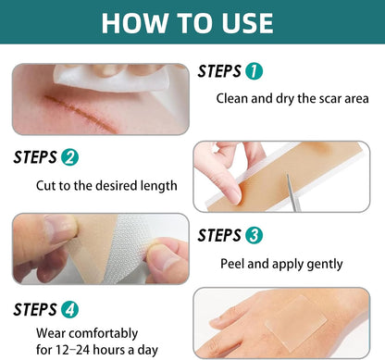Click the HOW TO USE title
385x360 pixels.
pyautogui.click(x=192, y=22)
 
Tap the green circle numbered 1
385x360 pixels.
pyautogui.click(x=255, y=70)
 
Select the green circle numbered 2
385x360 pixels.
pyautogui.click(x=69, y=157)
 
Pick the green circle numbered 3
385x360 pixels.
pyautogui.click(x=255, y=235)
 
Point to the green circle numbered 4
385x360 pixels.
pyautogui.click(x=69, y=308)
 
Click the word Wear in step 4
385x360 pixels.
pyautogui.click(x=51, y=331)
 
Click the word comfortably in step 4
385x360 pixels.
pyautogui.click(x=107, y=331)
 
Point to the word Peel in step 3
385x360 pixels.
pyautogui.click(x=233, y=264)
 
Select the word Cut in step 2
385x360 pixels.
pyautogui.click(x=46, y=185)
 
